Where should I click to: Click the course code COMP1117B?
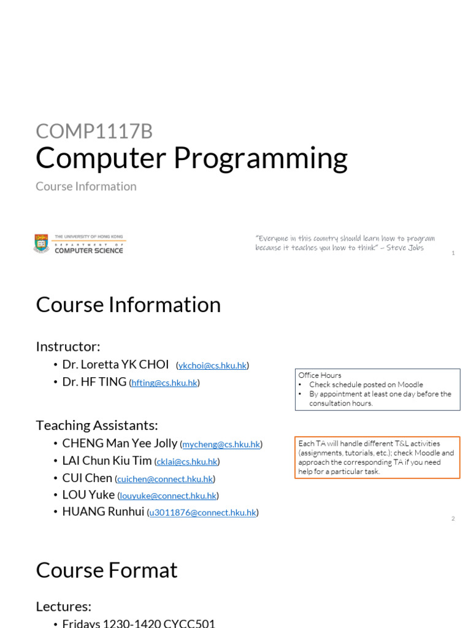pos(94,131)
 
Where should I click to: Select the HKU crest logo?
pos(42,243)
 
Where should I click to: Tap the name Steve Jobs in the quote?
pos(405,248)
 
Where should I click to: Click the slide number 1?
pos(453,253)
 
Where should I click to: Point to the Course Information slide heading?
pos(128,305)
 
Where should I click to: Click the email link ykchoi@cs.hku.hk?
pos(212,366)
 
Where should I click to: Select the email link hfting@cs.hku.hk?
pos(164,383)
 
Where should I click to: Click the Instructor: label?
pos(68,347)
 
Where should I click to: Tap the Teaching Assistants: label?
pos(97,425)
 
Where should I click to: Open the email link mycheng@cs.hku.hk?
pos(221,444)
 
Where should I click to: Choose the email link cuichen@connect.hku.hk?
pos(165,478)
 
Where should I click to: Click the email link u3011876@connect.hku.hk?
pos(202,513)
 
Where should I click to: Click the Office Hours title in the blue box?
pos(320,375)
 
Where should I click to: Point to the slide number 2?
pos(453,518)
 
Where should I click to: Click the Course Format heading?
pos(107,570)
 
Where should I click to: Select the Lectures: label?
pos(64,607)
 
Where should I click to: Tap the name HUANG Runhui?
pos(103,511)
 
